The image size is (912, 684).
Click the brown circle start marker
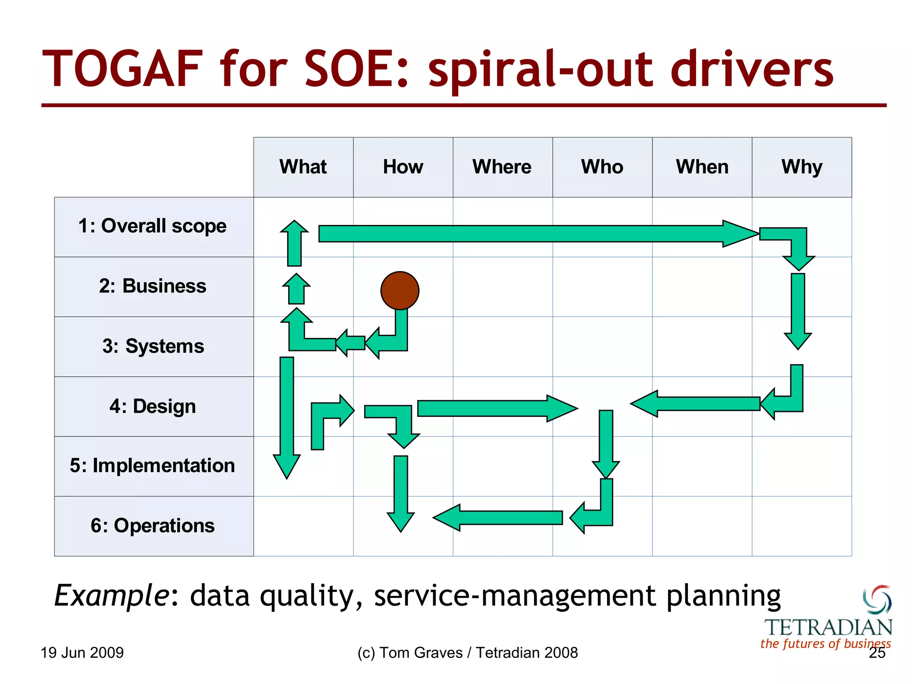point(399,290)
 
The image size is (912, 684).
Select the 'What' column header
point(303,167)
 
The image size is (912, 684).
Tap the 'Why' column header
point(802,167)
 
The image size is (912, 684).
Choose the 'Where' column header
point(502,167)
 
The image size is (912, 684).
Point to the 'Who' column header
point(602,167)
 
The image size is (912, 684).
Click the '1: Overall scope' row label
point(153,226)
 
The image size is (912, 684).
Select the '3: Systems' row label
point(153,346)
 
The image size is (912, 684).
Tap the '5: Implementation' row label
point(153,466)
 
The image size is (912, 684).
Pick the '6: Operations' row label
point(153,526)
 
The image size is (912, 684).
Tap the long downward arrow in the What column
point(287,414)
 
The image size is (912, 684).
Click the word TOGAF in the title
point(122,69)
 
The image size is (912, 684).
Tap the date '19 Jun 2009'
point(82,653)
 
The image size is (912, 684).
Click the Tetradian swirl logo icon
point(877,599)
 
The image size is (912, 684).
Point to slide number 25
point(877,653)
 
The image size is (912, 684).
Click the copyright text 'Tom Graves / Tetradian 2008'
point(478,653)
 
